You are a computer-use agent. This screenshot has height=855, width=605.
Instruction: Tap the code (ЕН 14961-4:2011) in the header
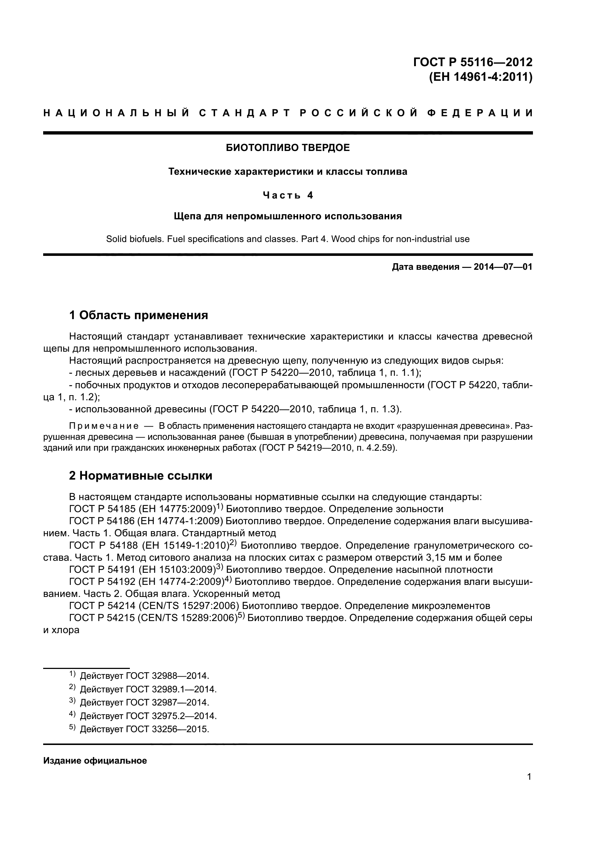[481, 77]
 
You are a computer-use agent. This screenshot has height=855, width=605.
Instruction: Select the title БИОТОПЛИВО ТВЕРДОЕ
[288, 148]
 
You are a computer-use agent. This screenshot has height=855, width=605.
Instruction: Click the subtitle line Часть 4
[288, 195]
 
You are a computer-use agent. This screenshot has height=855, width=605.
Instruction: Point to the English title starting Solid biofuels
[288, 239]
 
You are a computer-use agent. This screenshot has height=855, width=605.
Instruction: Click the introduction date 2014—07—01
[503, 267]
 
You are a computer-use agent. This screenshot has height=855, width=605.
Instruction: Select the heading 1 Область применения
[139, 315]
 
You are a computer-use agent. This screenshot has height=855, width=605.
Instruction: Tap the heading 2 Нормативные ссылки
[141, 476]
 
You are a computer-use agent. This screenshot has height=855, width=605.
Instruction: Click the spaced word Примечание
[104, 426]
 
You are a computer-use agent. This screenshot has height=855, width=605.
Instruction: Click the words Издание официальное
[95, 761]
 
